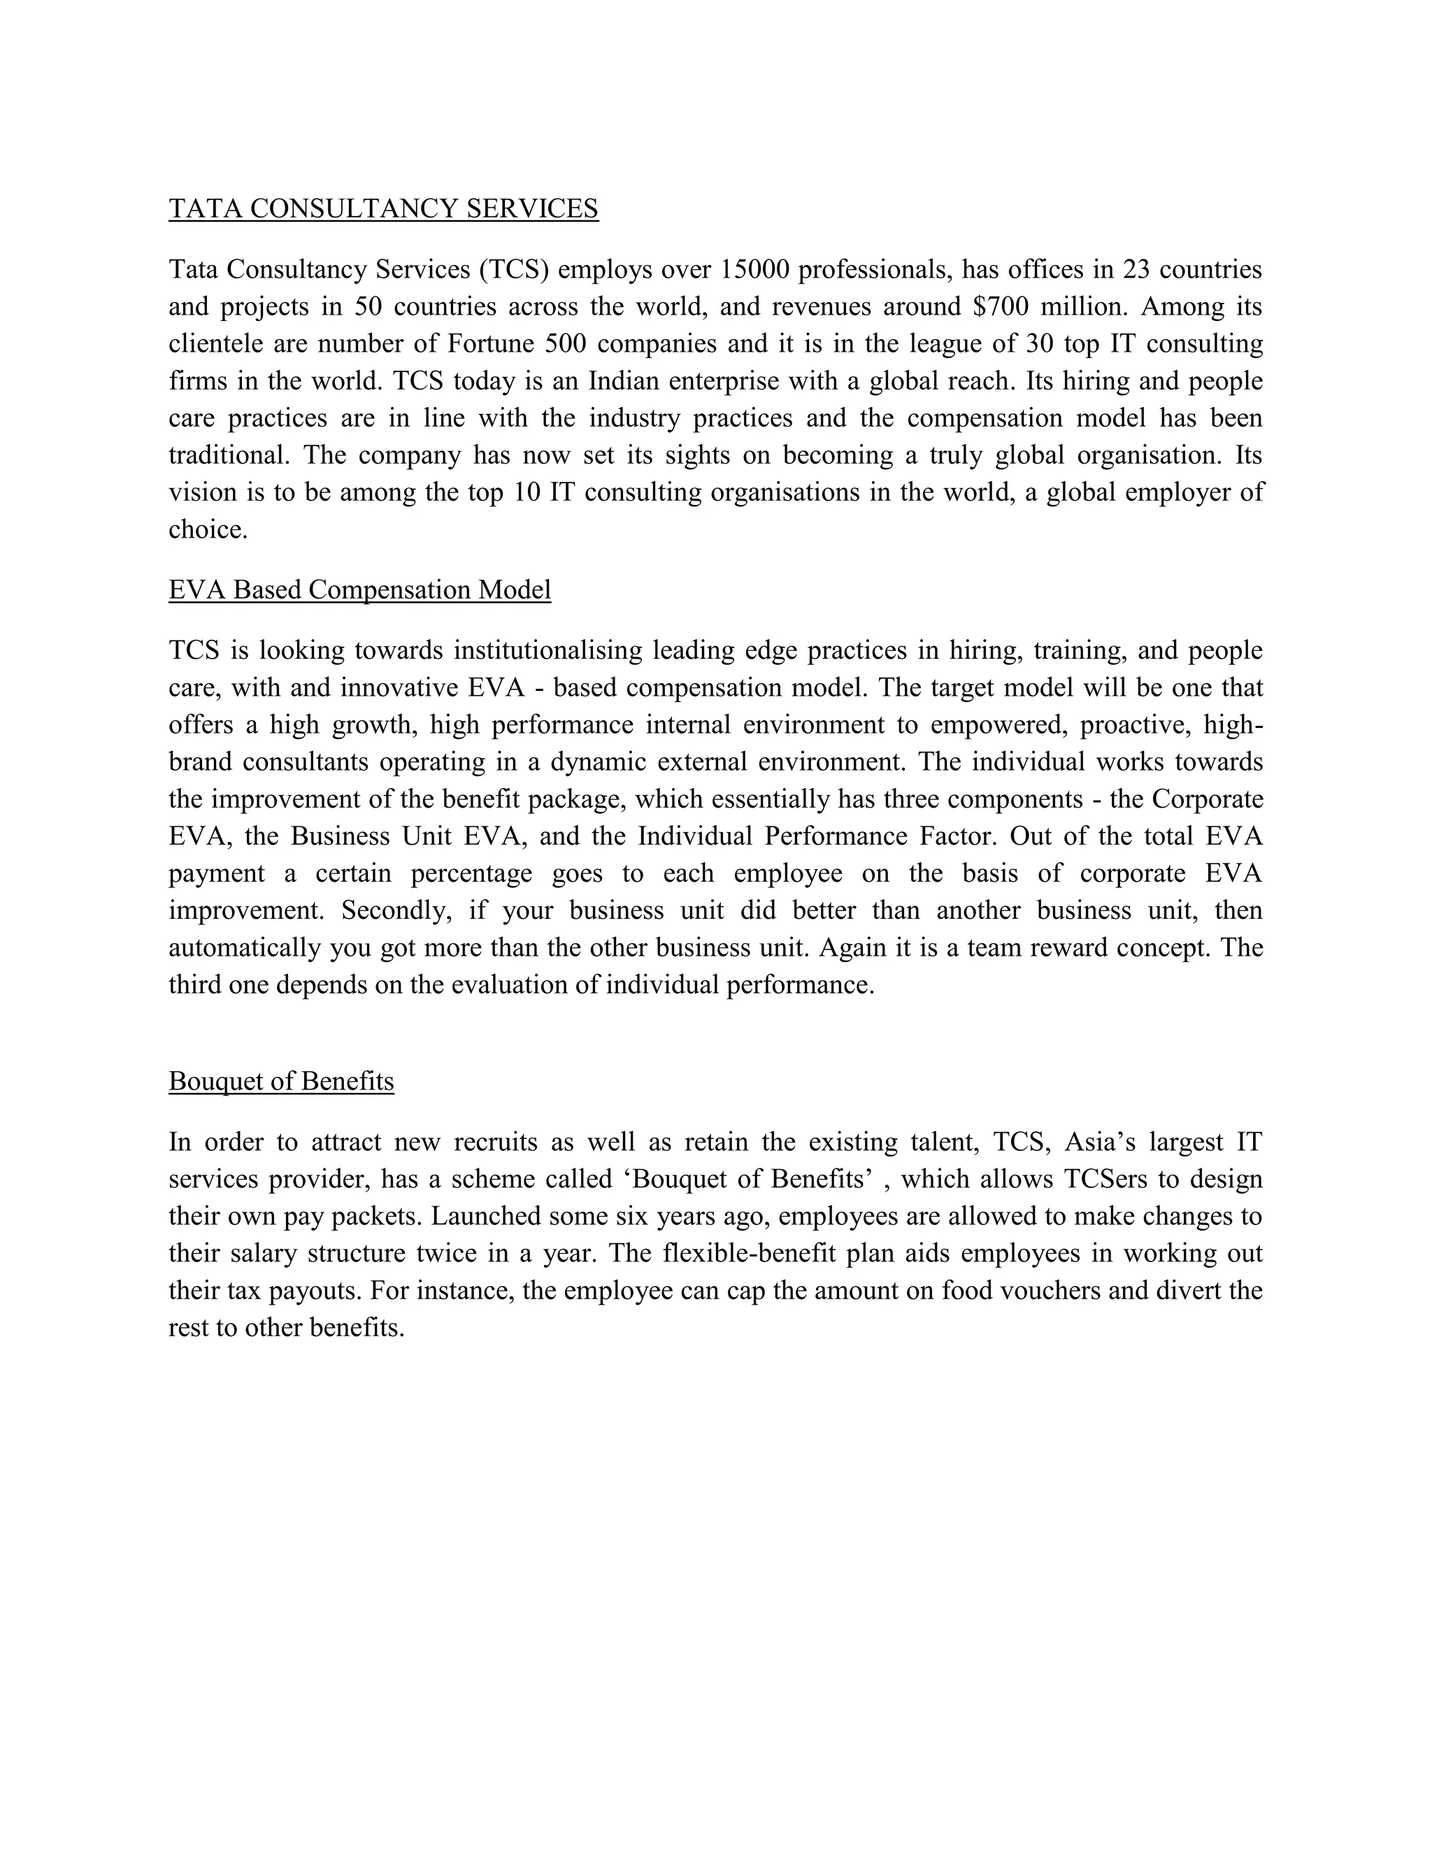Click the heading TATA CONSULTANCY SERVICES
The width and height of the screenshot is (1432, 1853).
pyautogui.click(x=383, y=208)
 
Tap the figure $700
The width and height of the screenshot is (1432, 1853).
pyautogui.click(x=1001, y=307)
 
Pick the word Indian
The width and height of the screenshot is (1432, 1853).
pyautogui.click(x=624, y=382)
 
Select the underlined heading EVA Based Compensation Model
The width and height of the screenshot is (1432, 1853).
pyautogui.click(x=359, y=589)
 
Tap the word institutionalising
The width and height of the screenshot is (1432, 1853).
pyautogui.click(x=548, y=651)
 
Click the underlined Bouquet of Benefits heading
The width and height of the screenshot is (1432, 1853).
pyautogui.click(x=282, y=1082)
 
